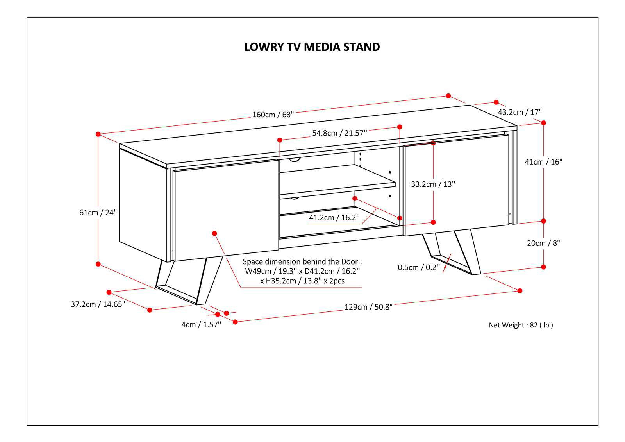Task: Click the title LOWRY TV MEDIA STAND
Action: point(312,47)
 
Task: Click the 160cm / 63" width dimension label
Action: point(273,115)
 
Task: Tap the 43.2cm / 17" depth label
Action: point(520,112)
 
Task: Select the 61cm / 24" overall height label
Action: point(98,213)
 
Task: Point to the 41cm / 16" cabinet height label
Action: point(543,162)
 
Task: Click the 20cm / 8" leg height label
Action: point(543,243)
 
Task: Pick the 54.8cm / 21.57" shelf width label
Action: point(339,133)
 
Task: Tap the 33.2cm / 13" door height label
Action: point(433,184)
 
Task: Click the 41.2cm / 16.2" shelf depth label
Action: point(334,217)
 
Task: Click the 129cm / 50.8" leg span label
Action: point(368,307)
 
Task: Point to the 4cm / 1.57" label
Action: point(201,324)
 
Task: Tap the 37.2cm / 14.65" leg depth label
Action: point(98,304)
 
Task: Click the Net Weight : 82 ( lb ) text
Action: point(521,325)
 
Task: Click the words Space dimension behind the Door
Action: point(302,262)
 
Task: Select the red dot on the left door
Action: point(214,233)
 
